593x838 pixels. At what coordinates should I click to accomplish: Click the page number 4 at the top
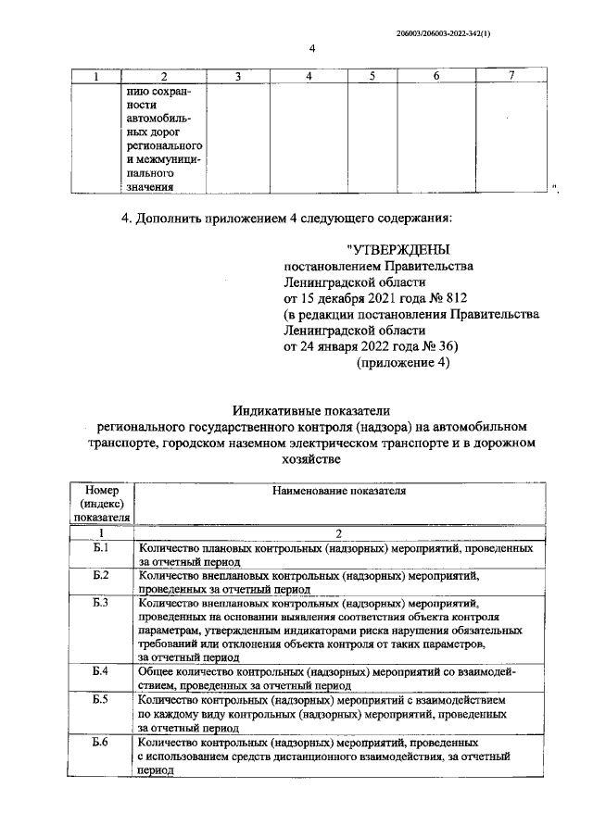(312, 48)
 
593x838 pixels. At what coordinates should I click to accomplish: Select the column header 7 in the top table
(512, 76)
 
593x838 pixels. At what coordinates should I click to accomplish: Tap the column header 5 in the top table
(372, 76)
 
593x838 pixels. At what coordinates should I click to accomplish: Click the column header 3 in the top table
(237, 76)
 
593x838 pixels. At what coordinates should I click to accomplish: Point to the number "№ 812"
(448, 297)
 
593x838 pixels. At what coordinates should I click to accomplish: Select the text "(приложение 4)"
(403, 363)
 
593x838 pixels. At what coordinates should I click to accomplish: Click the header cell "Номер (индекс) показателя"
(102, 503)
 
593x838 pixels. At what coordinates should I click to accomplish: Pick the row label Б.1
(102, 548)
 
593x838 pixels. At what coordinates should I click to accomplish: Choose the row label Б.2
(102, 575)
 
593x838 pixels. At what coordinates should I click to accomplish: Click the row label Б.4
(102, 669)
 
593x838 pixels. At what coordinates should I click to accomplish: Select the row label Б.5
(102, 701)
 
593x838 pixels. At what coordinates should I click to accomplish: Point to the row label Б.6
(102, 743)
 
